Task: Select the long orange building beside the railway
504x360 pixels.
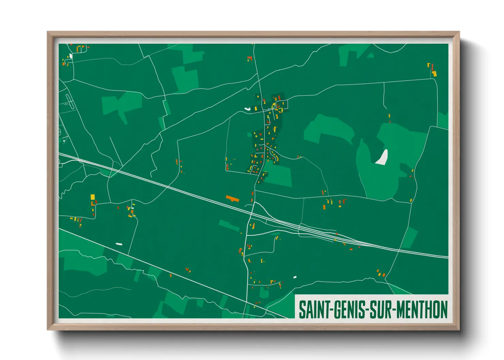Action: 233,198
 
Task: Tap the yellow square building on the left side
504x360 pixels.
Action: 93,197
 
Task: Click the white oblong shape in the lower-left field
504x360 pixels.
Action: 119,244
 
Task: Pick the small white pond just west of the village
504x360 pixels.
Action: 247,109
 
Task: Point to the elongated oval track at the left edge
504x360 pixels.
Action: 69,101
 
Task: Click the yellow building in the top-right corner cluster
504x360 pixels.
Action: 434,73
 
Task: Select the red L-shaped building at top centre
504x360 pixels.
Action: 250,59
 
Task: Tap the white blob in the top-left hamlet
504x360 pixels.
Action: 70,56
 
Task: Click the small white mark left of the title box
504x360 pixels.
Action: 295,277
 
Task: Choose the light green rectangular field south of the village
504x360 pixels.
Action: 279,175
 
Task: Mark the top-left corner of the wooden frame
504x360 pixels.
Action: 48,32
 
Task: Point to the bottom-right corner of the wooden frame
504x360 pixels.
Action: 459,329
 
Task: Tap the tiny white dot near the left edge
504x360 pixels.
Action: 64,141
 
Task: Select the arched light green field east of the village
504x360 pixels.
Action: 328,129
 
